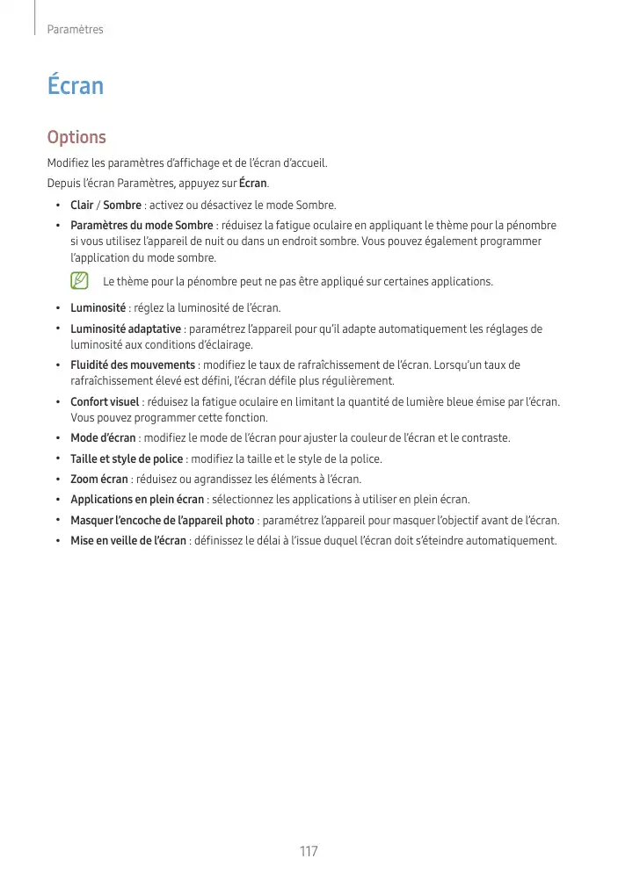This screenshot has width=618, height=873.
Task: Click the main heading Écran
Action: [76, 86]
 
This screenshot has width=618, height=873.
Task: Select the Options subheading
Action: [76, 138]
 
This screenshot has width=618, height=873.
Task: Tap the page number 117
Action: [309, 852]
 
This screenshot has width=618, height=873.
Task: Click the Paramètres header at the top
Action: [76, 30]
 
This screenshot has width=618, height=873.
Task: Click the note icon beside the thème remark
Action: [80, 282]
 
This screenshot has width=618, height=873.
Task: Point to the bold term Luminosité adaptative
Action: [126, 329]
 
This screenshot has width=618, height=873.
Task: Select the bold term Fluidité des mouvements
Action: [133, 365]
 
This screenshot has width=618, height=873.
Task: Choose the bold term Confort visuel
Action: [105, 402]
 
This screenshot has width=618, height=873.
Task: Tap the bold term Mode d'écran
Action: [103, 438]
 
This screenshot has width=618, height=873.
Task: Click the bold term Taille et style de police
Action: [127, 459]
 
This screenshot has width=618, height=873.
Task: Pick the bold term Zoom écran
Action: [99, 480]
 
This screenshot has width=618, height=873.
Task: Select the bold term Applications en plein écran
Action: [137, 500]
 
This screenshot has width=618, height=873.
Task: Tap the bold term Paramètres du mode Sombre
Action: [142, 226]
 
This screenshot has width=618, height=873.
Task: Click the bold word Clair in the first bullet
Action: [82, 206]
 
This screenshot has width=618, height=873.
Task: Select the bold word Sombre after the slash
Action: [122, 206]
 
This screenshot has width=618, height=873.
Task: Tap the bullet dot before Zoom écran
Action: [58, 480]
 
